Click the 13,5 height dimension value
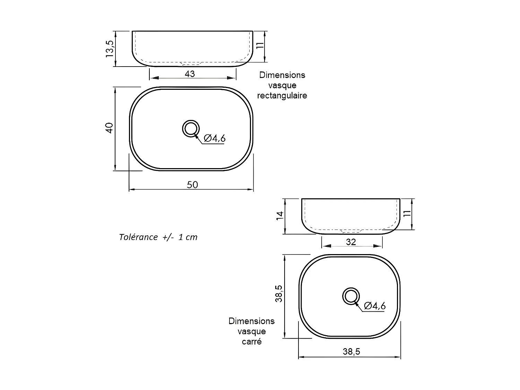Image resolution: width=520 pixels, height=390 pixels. tap(110, 49)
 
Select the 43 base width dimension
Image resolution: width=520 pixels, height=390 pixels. tap(190, 74)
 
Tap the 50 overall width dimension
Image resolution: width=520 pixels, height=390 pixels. tap(192, 185)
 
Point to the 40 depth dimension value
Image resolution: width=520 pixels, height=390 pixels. tap(109, 128)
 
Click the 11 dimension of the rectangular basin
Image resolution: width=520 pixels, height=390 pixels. tap(260, 45)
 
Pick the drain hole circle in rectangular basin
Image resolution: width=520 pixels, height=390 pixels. tap(191, 129)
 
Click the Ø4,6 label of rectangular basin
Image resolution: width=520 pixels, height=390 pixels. tap(215, 138)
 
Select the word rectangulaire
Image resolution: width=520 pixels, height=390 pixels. tap(282, 96)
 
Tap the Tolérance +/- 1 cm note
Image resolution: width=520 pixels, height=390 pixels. tap(158, 237)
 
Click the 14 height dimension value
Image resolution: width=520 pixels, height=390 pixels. tap(280, 215)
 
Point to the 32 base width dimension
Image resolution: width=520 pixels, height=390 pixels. tap(351, 242)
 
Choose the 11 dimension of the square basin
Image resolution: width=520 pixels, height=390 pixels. tap(407, 213)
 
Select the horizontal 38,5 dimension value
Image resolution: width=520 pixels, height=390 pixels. tap(352, 352)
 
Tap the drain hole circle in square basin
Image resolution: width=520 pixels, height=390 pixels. tap(351, 296)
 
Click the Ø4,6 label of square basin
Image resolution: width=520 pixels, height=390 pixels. tap(375, 306)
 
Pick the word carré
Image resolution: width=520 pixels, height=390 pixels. tap(252, 341)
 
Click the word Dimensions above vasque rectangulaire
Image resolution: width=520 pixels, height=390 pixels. tap(282, 75)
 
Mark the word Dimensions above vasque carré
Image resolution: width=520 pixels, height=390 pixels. tap(252, 321)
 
